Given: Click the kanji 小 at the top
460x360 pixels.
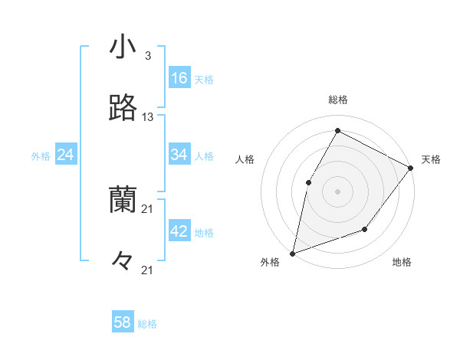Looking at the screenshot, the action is pos(123,47).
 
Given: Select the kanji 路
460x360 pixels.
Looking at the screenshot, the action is pos(123,109).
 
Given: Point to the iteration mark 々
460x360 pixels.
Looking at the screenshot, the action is pos(123,262).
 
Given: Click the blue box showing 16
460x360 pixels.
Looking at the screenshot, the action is pos(179,78).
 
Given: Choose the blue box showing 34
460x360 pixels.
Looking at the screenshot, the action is pos(179,155).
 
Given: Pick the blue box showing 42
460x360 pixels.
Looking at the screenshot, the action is pos(179,231).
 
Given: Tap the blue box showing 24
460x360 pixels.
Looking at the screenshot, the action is pos(66,155).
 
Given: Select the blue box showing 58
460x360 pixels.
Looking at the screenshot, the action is pos(123,322).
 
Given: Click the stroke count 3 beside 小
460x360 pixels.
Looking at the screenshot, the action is pos(147,56).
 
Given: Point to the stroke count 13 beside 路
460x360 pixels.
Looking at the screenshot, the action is pos(148,117).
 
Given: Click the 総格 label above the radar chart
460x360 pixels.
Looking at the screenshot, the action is pos(338,100).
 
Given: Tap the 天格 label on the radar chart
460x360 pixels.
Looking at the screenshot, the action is pos(431,159).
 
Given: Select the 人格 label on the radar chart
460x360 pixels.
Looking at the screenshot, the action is pos(245,159).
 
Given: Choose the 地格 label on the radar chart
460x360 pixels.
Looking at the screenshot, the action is pos(402,263).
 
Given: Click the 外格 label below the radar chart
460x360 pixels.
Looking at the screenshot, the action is pos(271,263).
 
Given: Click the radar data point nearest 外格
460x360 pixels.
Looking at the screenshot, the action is pos(293,253).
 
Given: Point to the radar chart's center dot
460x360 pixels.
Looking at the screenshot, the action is pos(337,191).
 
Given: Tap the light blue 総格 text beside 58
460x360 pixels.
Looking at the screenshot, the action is pos(147,324).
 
